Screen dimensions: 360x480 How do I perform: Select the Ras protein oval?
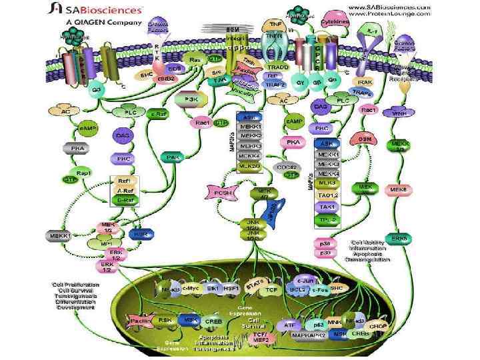(195, 60)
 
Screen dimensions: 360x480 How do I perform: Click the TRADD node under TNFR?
(277, 68)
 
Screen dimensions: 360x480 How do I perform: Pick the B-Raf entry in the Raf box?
(123, 200)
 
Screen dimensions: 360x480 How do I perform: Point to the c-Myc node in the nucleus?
(193, 289)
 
